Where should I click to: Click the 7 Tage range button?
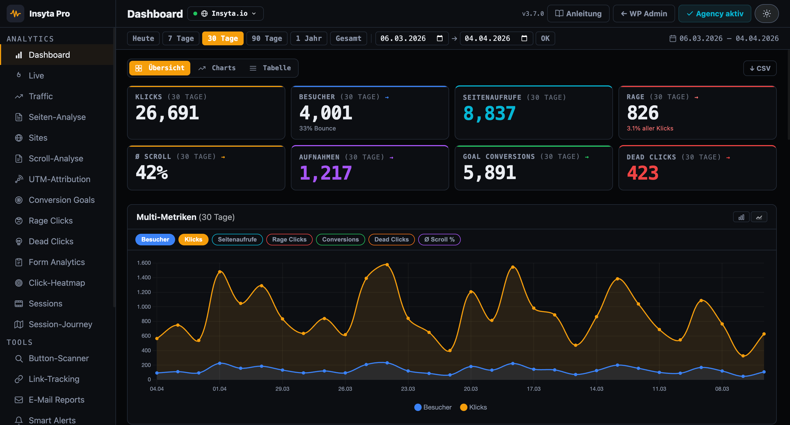181,38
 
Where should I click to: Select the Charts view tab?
217,68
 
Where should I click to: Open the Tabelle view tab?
270,68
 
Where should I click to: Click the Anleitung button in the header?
578,14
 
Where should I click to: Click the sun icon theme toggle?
767,14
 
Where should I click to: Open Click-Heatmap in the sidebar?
57,283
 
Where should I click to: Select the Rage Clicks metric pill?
289,239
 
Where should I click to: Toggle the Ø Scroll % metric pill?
439,239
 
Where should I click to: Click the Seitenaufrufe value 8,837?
489,113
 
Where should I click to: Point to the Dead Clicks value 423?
642,173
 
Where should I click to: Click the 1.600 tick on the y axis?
144,263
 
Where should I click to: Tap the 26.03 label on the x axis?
345,389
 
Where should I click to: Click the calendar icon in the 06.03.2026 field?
439,38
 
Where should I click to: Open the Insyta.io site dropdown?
225,14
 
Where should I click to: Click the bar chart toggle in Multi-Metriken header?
741,217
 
